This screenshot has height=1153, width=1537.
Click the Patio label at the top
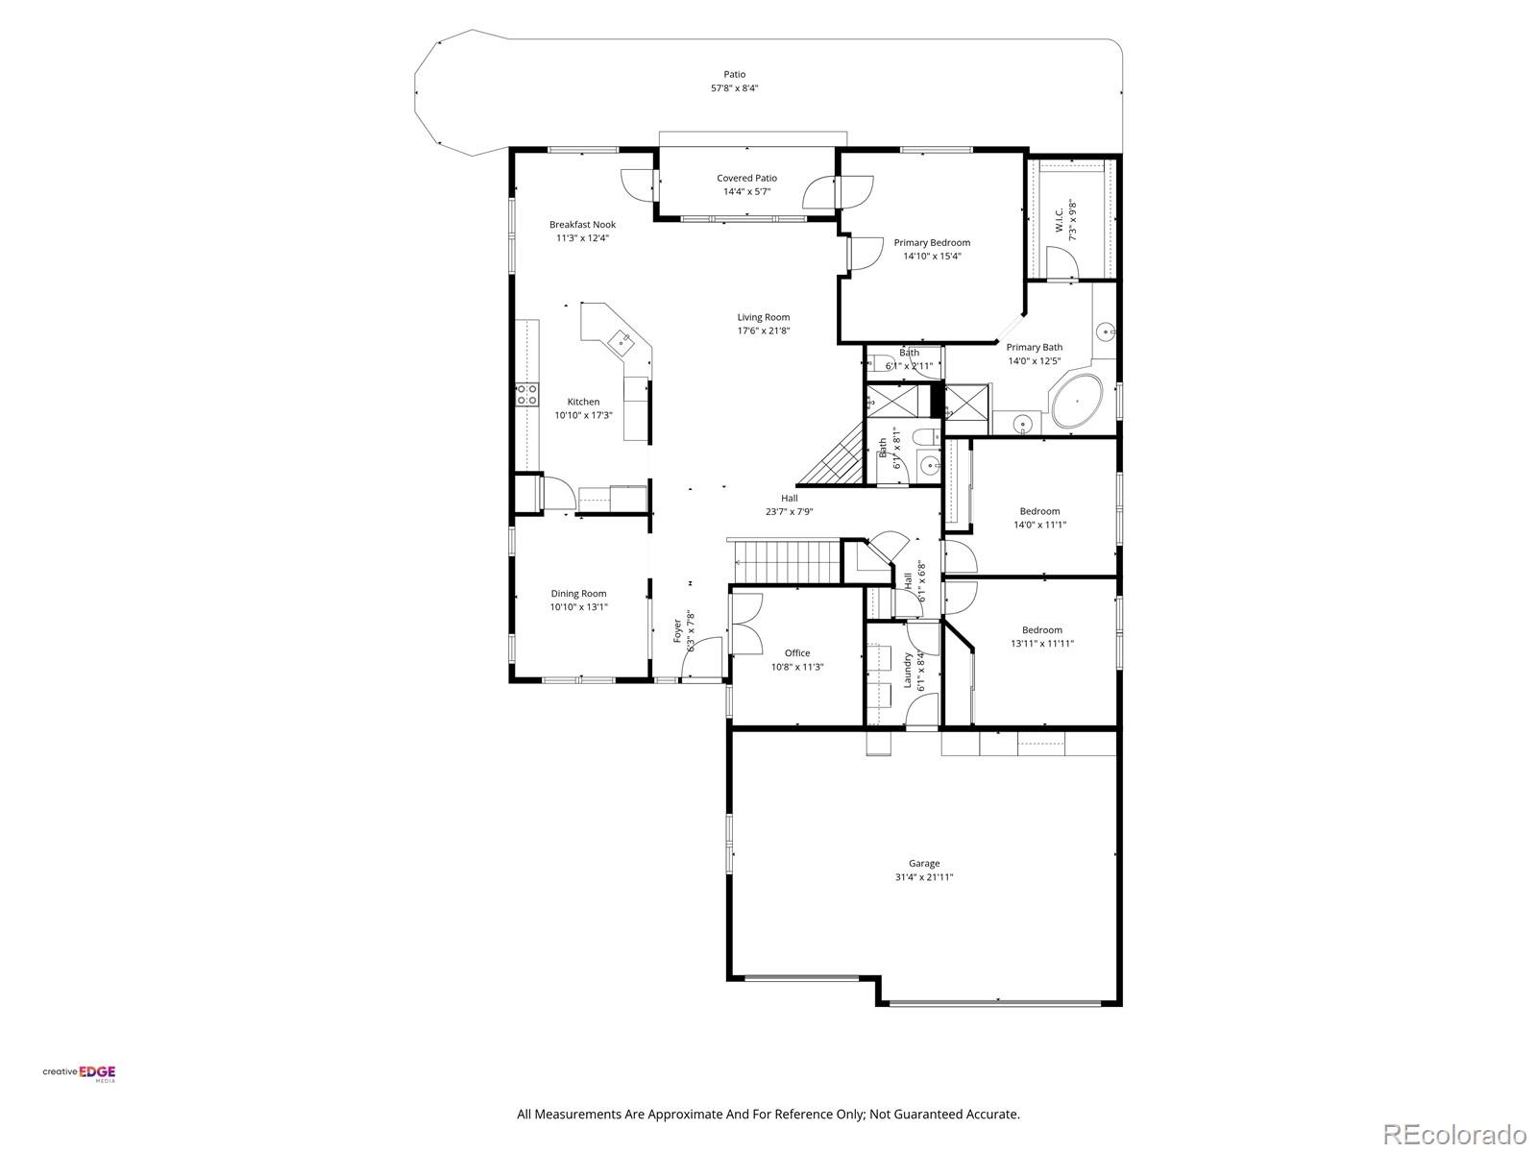734,74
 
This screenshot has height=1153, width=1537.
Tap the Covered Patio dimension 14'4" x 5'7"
746,191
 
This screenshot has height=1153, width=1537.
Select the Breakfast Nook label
582,225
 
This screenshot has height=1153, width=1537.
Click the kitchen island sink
621,338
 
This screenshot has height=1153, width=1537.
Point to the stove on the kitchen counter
525,393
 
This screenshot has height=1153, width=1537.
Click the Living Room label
763,317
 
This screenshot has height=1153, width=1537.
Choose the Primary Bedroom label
931,243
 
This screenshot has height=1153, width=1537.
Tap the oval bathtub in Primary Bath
1077,402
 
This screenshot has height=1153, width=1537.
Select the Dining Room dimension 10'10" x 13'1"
578,607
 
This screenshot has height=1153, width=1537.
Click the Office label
796,653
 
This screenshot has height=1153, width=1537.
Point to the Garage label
924,863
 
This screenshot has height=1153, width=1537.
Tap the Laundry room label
908,663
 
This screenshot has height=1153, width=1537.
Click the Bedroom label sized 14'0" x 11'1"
1039,511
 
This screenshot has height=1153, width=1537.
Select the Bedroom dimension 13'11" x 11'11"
1041,644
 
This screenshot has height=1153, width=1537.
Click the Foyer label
677,630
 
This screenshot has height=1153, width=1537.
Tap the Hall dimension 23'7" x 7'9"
789,512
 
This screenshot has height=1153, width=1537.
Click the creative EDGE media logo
79,1074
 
